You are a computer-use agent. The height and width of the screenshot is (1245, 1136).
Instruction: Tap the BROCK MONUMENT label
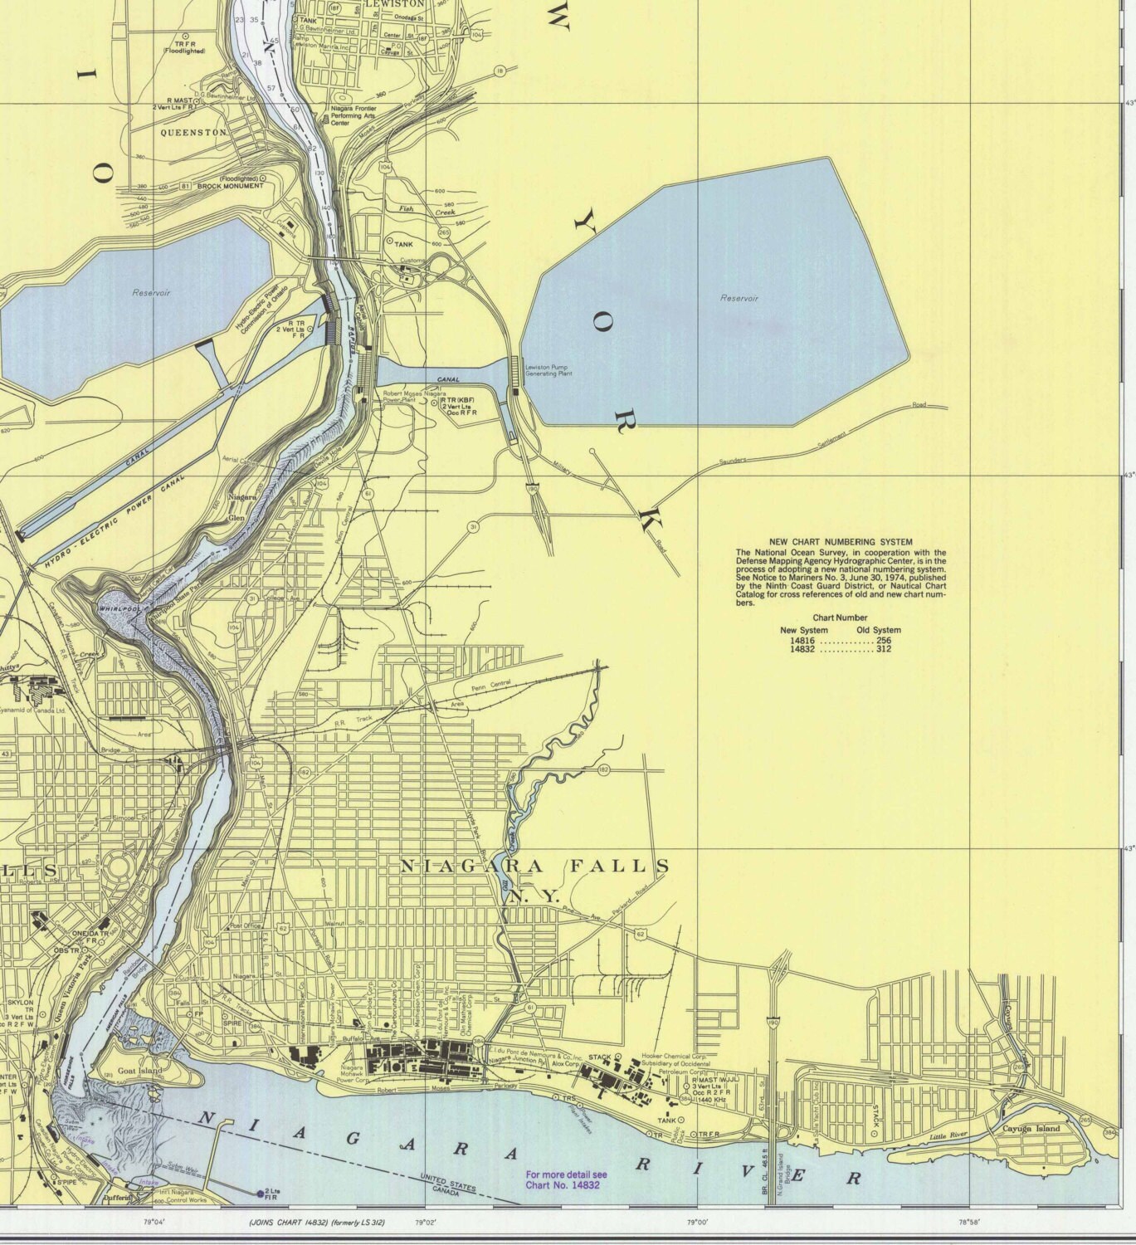click(230, 186)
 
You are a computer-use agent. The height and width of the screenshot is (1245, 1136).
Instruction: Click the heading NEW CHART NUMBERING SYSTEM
click(841, 542)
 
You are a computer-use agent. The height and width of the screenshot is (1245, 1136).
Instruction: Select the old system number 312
click(883, 651)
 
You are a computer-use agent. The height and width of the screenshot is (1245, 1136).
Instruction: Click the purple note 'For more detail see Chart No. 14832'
click(566, 1179)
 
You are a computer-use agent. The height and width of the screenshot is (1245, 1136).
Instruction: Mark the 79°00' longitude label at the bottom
click(696, 1222)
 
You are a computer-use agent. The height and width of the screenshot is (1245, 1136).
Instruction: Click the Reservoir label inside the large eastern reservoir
click(739, 298)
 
